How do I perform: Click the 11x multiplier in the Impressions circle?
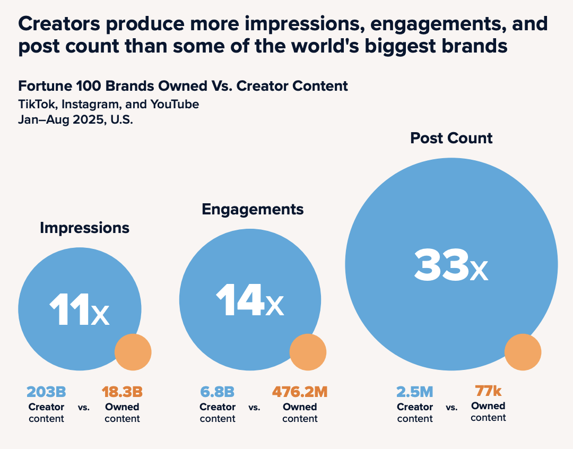[80, 310]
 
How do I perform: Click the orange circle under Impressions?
[133, 352]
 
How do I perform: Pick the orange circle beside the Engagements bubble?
[308, 352]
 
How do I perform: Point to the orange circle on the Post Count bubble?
[523, 352]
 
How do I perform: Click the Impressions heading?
[84, 228]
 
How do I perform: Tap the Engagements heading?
[253, 209]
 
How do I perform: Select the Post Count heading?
[451, 138]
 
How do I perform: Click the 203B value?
[46, 392]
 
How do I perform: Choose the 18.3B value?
[122, 392]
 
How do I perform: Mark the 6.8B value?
[217, 392]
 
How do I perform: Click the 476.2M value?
[300, 392]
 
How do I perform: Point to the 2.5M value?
[415, 392]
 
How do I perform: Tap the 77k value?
[488, 391]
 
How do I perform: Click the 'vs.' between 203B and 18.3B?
[84, 408]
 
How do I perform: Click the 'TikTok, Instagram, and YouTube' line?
[109, 104]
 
